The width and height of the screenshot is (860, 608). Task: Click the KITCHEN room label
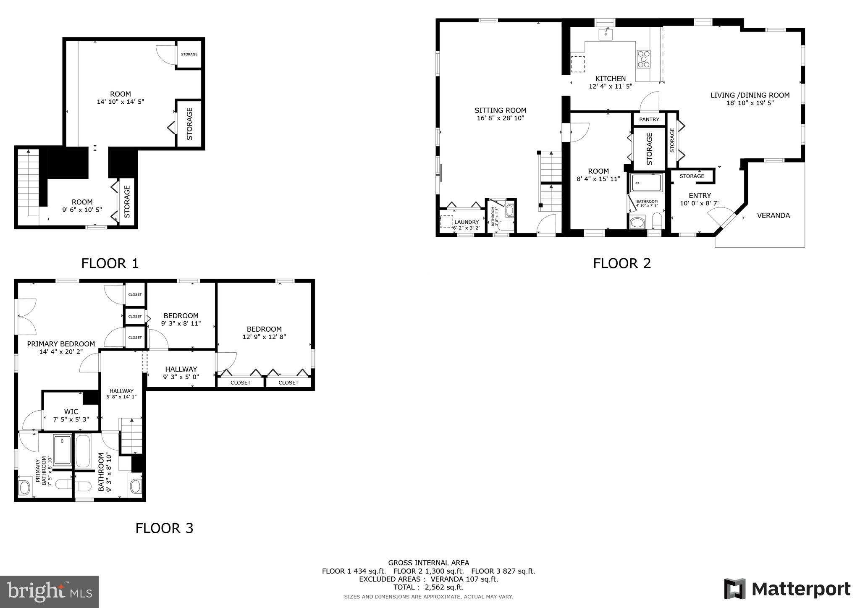(610, 79)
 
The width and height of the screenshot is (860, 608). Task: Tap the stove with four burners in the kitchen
(643, 59)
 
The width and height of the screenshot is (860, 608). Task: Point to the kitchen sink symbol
(606, 34)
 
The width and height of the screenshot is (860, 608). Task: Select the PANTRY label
(649, 119)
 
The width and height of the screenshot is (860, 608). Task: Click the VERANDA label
(773, 215)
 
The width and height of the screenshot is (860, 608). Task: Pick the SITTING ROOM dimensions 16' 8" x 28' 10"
(501, 118)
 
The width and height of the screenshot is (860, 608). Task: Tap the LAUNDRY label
(466, 222)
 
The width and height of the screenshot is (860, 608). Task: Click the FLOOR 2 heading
(621, 263)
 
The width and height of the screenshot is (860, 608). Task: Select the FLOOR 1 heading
(110, 263)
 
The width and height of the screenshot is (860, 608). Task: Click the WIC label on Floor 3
(71, 411)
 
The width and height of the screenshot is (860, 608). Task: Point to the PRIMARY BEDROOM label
(61, 344)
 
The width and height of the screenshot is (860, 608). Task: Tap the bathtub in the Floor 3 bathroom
(83, 452)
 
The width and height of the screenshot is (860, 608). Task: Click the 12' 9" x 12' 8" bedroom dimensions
(264, 337)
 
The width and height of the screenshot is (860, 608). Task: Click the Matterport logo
(787, 589)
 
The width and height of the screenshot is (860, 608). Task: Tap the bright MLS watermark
(50, 592)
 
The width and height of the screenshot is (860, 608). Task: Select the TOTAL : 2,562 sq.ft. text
(428, 587)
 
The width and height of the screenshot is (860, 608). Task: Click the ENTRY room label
(700, 195)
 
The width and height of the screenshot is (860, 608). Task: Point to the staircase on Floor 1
(28, 183)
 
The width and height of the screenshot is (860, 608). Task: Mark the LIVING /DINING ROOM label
(750, 95)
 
